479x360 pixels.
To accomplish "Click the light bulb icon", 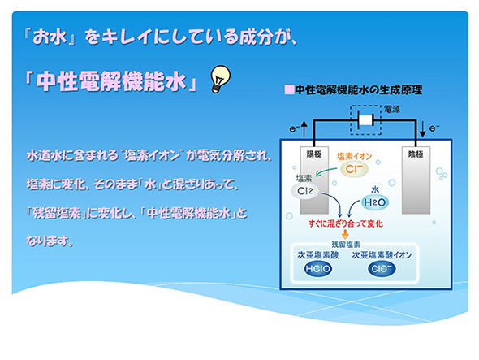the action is click(221, 79).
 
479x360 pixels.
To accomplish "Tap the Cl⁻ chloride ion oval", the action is click(354, 169).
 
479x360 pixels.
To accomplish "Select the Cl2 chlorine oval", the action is click(305, 191).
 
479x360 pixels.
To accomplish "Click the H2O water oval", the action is click(375, 202).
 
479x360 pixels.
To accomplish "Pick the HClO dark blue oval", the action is click(318, 269).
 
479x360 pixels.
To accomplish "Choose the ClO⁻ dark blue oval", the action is click(382, 269).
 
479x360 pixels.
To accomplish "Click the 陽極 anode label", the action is click(314, 154).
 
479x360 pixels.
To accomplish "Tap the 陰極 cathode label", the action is click(416, 154).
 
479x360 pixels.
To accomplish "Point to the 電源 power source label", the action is click(392, 109).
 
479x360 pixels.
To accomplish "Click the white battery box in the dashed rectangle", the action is click(365, 120).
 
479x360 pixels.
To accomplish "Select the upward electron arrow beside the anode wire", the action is click(304, 128).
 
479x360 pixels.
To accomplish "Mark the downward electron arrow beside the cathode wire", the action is click(423, 128).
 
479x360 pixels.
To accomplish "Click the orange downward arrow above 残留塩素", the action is click(345, 234).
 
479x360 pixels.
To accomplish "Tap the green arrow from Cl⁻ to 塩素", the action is click(327, 171).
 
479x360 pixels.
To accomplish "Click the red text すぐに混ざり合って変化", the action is click(346, 223).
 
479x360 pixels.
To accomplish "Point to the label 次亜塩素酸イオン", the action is click(382, 255).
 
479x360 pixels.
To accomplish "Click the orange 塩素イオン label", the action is click(354, 156).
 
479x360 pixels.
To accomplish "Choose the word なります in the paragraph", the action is click(46, 241).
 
